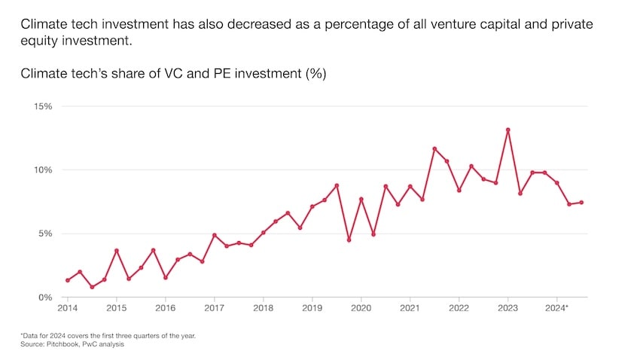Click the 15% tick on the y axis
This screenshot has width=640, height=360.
[x=42, y=106]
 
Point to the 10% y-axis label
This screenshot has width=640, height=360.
[x=42, y=170]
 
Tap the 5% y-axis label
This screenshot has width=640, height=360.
[x=44, y=233]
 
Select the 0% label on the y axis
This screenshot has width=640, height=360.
[x=44, y=297]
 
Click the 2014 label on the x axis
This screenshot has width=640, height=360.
[x=67, y=309]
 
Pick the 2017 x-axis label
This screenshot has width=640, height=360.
[x=214, y=309]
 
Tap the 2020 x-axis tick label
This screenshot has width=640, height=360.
[x=361, y=309]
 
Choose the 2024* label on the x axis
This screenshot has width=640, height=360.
[x=557, y=309]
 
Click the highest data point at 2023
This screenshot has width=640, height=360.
[x=508, y=130]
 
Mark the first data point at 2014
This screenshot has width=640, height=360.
[x=68, y=280]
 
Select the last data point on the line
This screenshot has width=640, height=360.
[x=581, y=203]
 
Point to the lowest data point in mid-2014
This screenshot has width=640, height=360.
[x=92, y=287]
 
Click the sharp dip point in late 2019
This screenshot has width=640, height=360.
[x=349, y=240]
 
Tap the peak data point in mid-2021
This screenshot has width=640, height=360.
[x=434, y=148]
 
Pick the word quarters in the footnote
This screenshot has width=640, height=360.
[x=163, y=335]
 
